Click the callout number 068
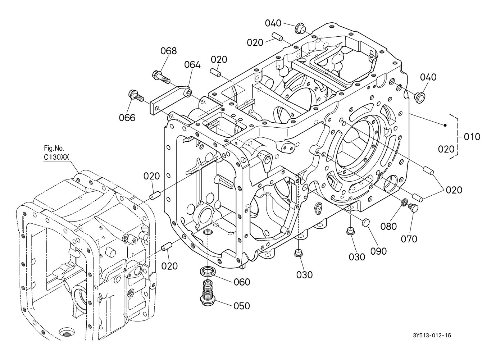pyautogui.click(x=168, y=51)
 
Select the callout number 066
pyautogui.click(x=127, y=118)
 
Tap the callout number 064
pyautogui.click(x=192, y=65)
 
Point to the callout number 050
pyautogui.click(x=242, y=306)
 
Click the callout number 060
pyautogui.click(x=242, y=282)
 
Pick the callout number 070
pyautogui.click(x=409, y=239)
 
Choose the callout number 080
pyautogui.click(x=388, y=226)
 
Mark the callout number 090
pyautogui.click(x=379, y=251)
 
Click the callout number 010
pyautogui.click(x=472, y=137)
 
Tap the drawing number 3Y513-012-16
pyautogui.click(x=432, y=336)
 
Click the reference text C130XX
pyautogui.click(x=56, y=157)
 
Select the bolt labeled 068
pyautogui.click(x=161, y=77)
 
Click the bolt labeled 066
pyautogui.click(x=136, y=96)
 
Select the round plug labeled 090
pyautogui.click(x=366, y=222)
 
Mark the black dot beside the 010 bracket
pyautogui.click(x=445, y=125)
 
